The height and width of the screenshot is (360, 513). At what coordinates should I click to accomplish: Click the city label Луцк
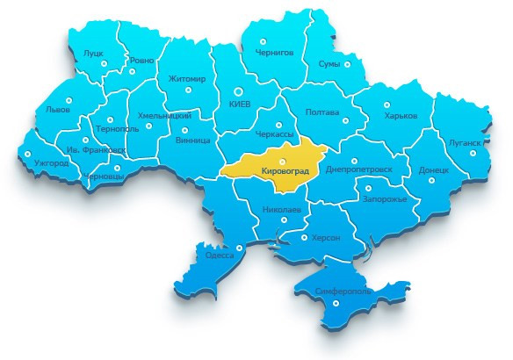pyautogui.click(x=93, y=53)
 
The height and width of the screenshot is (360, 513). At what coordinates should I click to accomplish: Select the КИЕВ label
pyautogui.click(x=239, y=104)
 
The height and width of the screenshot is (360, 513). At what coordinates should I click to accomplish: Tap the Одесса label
pyautogui.click(x=219, y=255)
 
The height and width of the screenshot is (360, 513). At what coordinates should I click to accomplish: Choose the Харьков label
pyautogui.click(x=401, y=117)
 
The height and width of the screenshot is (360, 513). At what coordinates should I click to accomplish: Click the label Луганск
pyautogui.click(x=465, y=142)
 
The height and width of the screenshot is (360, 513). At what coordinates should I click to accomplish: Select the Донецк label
pyautogui.click(x=434, y=169)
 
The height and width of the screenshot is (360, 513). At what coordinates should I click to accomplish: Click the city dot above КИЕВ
pyautogui.click(x=237, y=90)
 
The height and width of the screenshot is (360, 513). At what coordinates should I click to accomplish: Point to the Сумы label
pyautogui.click(x=329, y=65)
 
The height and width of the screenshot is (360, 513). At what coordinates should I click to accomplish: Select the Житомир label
pyautogui.click(x=186, y=79)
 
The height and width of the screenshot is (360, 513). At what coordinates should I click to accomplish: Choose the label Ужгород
pyautogui.click(x=51, y=163)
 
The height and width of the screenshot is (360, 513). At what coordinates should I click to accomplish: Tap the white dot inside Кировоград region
pyautogui.click(x=281, y=161)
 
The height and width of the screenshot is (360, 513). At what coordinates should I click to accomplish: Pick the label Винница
pyautogui.click(x=192, y=140)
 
